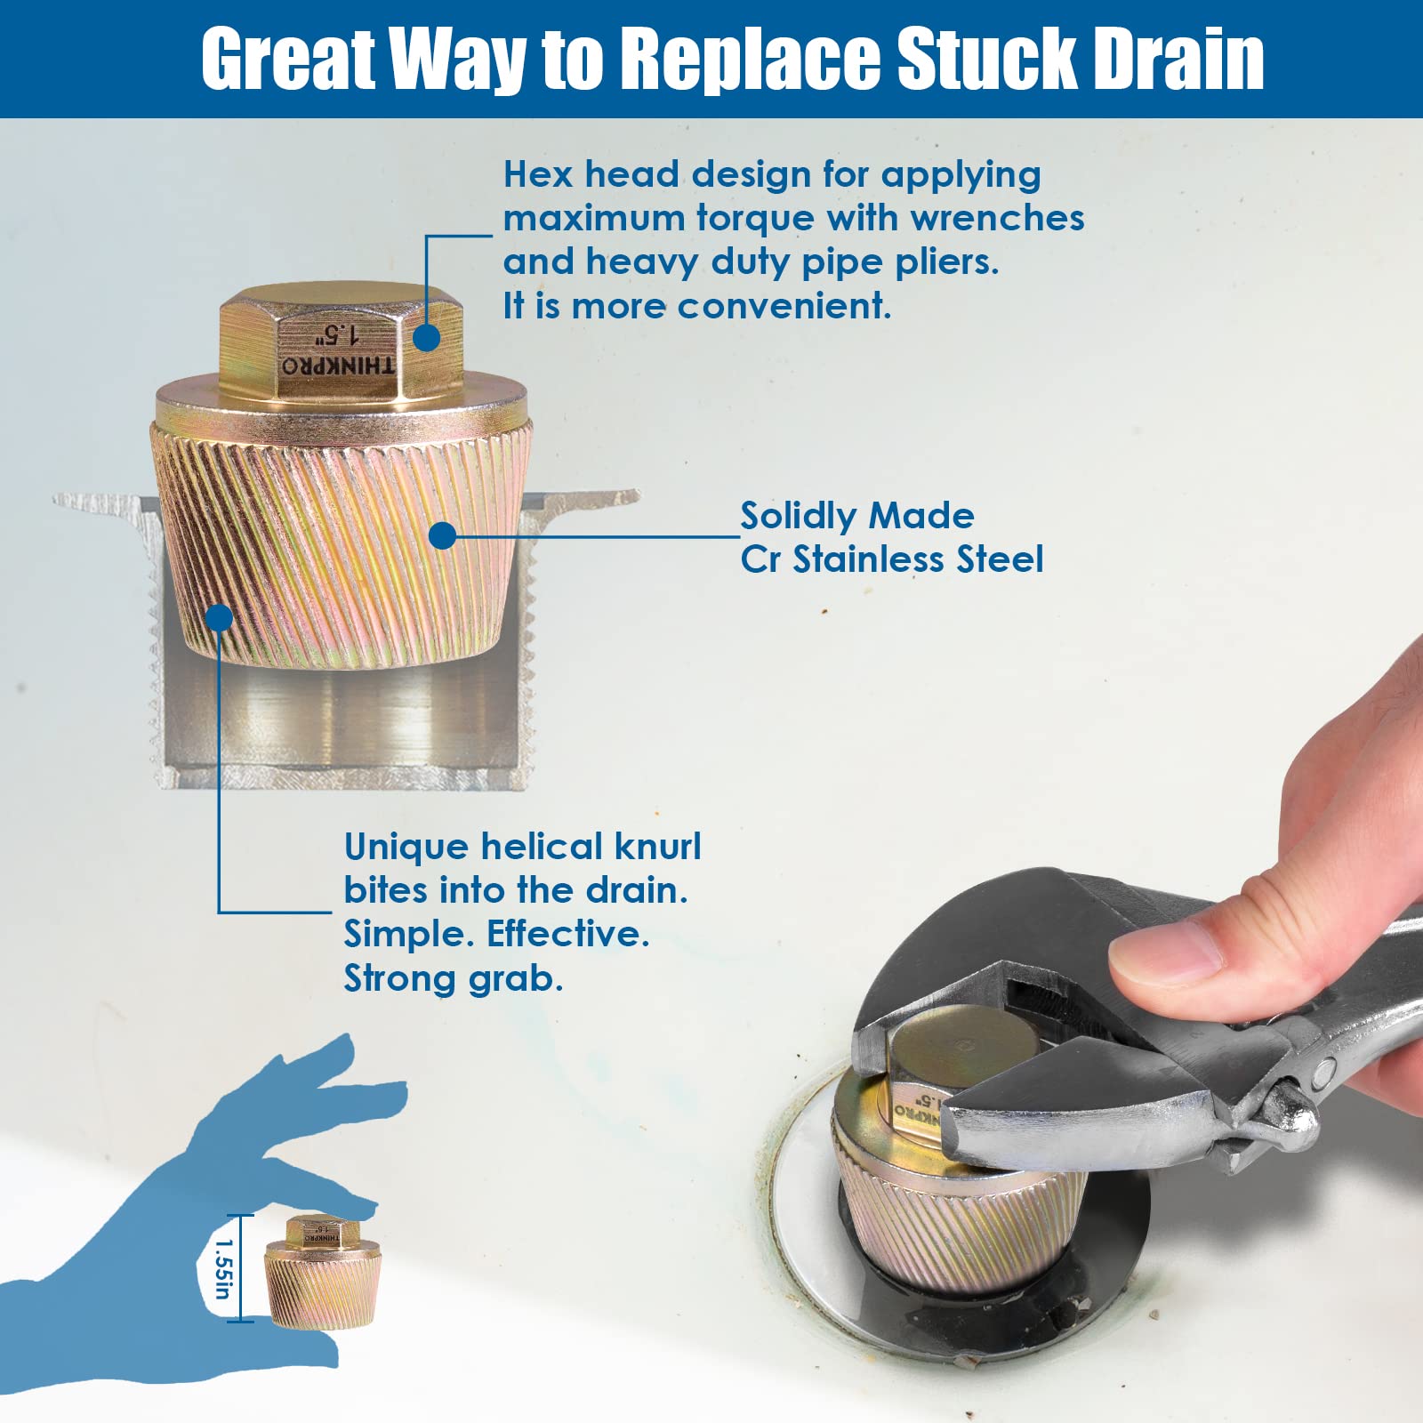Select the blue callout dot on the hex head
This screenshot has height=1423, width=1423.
tap(427, 338)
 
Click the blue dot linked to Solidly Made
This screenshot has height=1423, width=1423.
tap(442, 535)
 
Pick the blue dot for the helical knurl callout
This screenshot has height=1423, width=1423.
tap(219, 617)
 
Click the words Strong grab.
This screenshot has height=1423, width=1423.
tap(454, 978)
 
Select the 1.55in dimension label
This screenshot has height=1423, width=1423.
tap(223, 1269)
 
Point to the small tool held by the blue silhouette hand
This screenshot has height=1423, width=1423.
tap(322, 1274)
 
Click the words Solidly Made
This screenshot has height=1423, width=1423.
tap(856, 516)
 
